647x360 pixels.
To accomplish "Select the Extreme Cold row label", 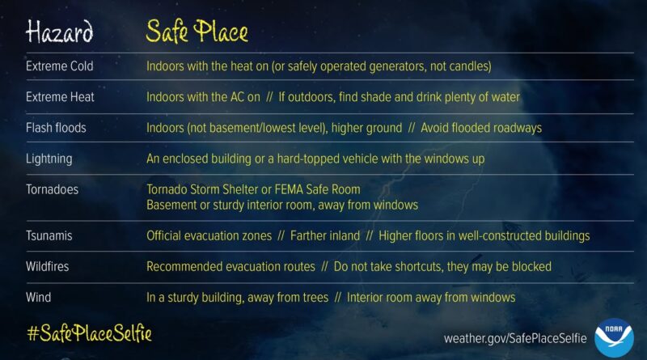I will click(61, 66).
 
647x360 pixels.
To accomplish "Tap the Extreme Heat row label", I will click(60, 97).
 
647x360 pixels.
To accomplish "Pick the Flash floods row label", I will click(56, 128).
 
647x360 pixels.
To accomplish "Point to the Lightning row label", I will click(49, 159).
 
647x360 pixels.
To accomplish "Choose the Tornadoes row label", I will click(52, 189).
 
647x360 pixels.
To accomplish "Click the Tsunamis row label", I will click(49, 236).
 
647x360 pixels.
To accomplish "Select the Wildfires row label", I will click(49, 266).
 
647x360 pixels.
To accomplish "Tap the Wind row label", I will click(38, 297).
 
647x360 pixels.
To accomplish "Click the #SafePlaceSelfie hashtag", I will click(89, 333).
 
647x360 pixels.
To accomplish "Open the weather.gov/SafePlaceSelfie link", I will click(515, 337).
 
